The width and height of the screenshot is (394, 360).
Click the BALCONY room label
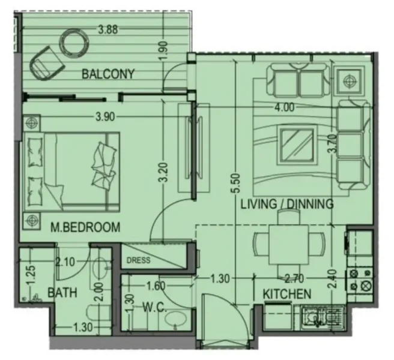point(108,74)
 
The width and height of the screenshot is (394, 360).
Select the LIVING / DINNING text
point(286,205)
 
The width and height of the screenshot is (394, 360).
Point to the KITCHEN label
point(286,294)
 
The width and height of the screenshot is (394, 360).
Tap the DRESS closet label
point(139,260)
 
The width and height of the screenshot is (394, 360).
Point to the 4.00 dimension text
point(283,108)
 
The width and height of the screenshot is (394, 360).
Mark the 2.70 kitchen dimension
point(295,278)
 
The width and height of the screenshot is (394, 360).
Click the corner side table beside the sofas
point(350,80)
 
